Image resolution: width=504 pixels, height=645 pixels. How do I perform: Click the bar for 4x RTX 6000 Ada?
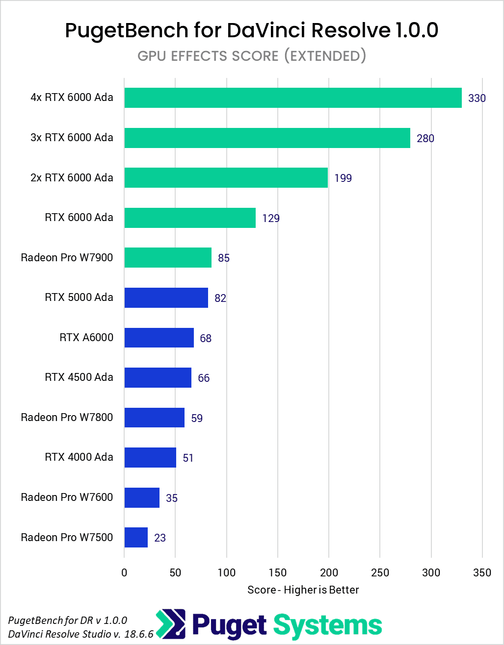coord(292,98)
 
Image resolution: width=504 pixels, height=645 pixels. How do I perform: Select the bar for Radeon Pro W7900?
coord(168,257)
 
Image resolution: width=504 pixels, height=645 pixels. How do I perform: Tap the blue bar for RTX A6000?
coord(159,337)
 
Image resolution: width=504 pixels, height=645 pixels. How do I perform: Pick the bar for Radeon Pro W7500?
coord(136,537)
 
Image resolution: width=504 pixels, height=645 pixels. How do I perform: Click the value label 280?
coord(425,138)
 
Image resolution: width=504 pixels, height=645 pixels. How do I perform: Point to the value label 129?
coord(271,218)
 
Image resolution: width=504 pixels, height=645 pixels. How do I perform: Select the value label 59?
coord(197,418)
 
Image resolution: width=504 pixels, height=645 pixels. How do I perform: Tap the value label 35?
coord(172,498)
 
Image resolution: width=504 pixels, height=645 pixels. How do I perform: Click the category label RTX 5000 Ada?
coord(79,297)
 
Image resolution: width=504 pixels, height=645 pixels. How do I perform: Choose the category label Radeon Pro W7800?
coord(67,417)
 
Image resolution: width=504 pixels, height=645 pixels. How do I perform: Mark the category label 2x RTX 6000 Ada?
coord(72,177)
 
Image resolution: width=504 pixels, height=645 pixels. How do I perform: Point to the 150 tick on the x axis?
coord(278,572)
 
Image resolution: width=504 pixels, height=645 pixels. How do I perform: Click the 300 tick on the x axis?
coord(431,572)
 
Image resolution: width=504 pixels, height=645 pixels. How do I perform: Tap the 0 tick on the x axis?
coord(124,572)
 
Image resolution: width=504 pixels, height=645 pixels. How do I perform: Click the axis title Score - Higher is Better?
coord(303,590)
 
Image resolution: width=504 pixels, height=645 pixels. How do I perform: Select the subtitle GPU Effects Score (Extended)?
coord(252,56)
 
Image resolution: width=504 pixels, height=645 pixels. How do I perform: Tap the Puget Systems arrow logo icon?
coord(170,625)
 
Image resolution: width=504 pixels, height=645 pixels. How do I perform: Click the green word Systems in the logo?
coord(327,625)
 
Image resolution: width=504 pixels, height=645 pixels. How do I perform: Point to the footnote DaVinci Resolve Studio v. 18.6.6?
coord(81,634)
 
